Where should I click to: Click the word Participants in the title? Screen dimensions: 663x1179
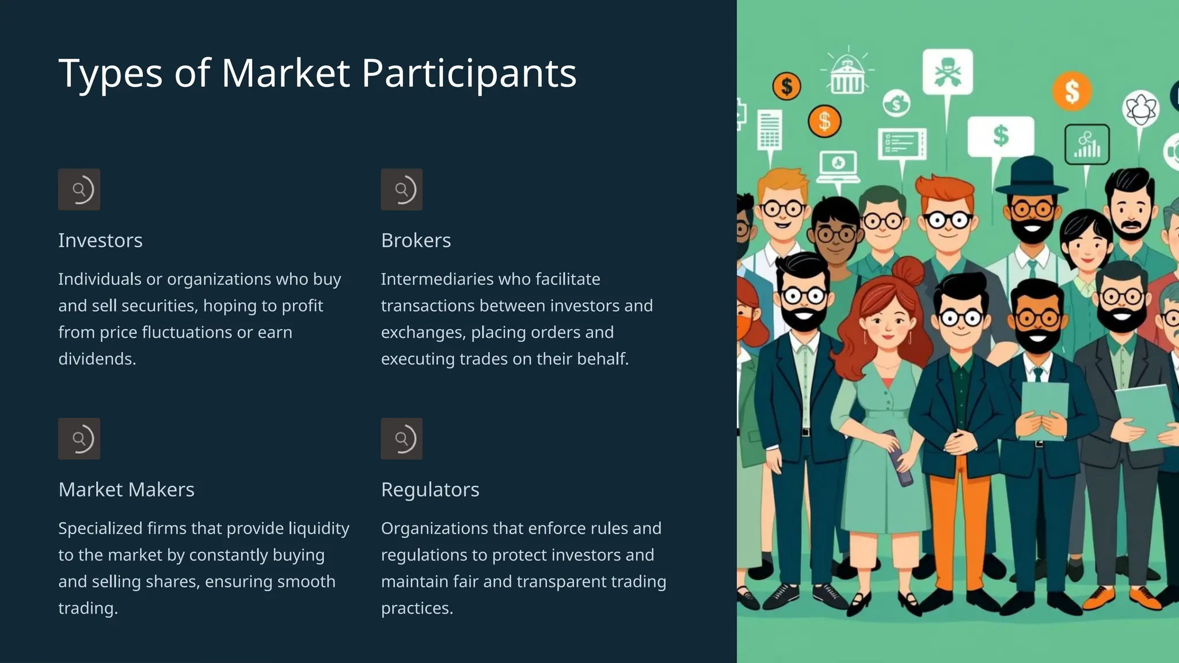pyautogui.click(x=469, y=74)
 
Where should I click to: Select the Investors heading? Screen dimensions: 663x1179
pyautogui.click(x=100, y=241)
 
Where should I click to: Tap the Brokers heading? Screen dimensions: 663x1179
pyautogui.click(x=416, y=241)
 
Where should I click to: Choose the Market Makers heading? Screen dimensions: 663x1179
pyautogui.click(x=126, y=490)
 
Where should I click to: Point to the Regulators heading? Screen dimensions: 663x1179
pyautogui.click(x=430, y=490)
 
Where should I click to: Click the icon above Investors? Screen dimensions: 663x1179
pyautogui.click(x=79, y=189)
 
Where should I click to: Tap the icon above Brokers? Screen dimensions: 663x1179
pyautogui.click(x=402, y=189)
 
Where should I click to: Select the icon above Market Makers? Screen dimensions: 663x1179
pyautogui.click(x=79, y=439)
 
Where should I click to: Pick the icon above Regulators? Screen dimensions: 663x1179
pyautogui.click(x=402, y=439)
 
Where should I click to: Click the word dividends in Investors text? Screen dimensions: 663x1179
pyautogui.click(x=97, y=359)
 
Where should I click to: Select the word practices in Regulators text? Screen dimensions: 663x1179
pyautogui.click(x=417, y=608)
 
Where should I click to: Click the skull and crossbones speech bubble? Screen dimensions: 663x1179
pyautogui.click(x=948, y=72)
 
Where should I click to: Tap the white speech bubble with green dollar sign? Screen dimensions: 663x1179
pyautogui.click(x=1001, y=136)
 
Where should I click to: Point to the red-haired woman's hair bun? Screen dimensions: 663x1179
pyautogui.click(x=908, y=270)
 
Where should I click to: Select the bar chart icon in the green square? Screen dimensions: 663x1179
pyautogui.click(x=1087, y=144)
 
